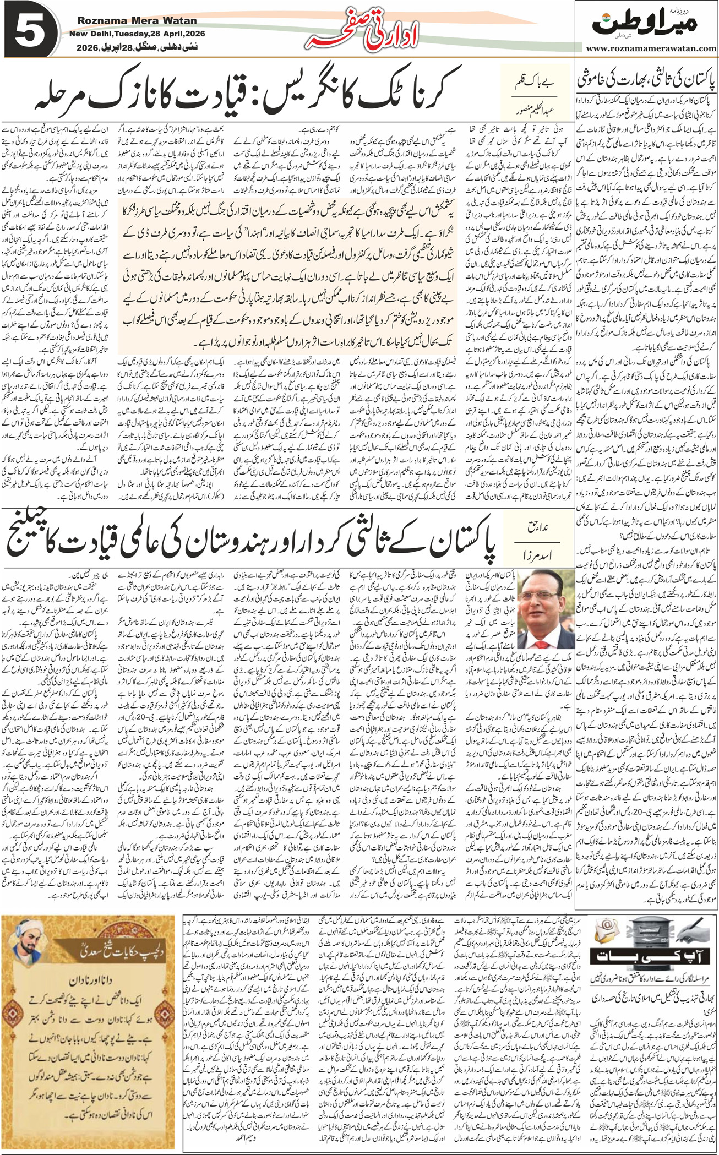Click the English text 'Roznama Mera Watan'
point(137,21)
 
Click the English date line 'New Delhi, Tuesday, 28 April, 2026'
point(137,34)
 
